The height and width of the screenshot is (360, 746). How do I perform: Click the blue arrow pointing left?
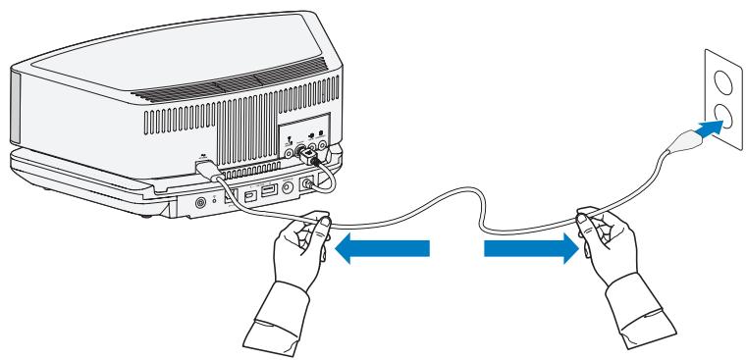[383, 250]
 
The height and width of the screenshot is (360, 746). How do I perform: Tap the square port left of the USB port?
[248, 195]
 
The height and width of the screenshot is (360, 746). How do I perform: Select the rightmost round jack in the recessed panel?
[323, 150]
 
